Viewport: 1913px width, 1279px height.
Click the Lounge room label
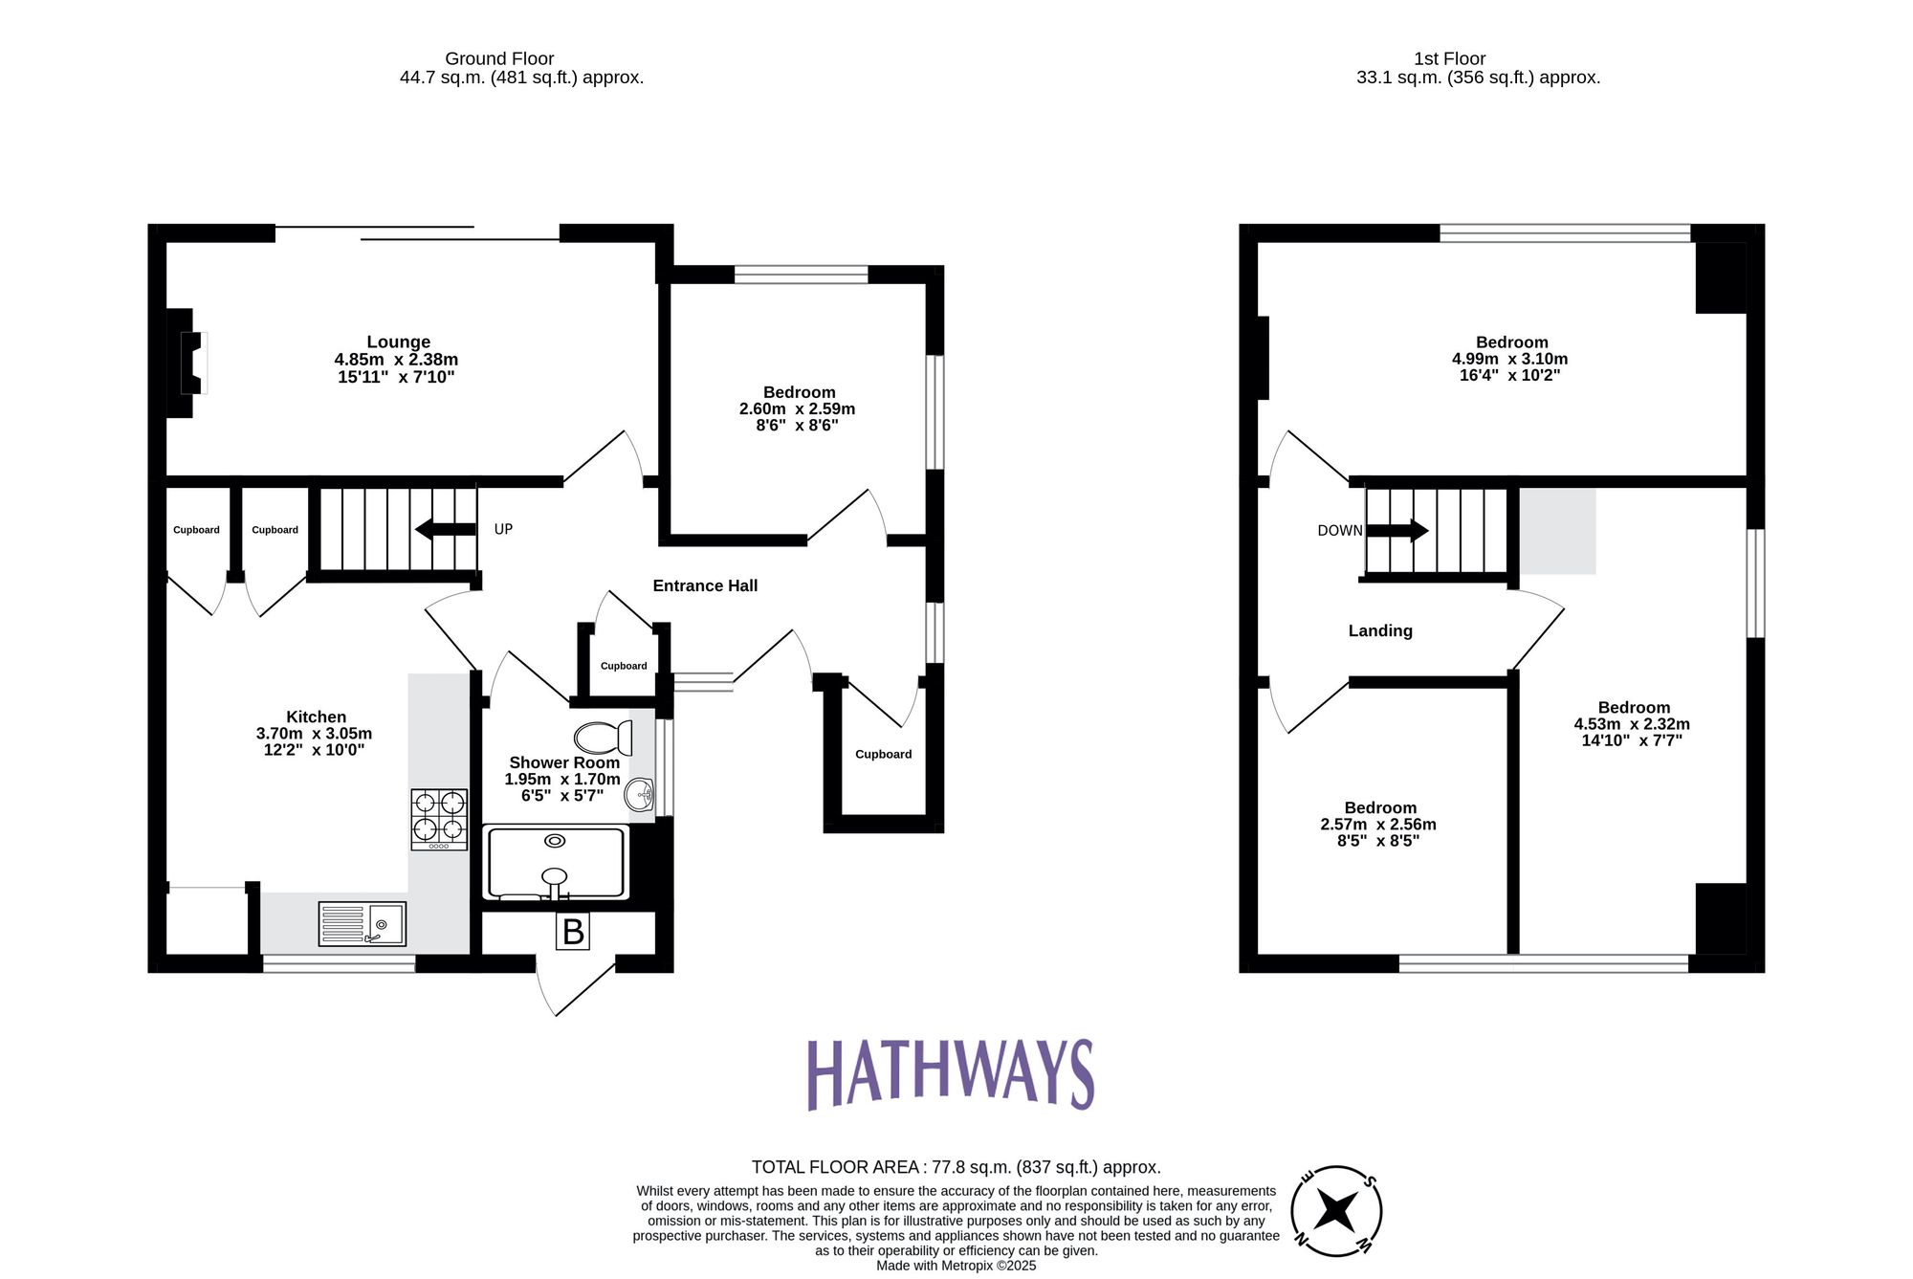coord(398,342)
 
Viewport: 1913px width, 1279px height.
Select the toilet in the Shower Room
coord(603,738)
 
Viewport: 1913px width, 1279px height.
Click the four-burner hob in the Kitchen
coord(439,819)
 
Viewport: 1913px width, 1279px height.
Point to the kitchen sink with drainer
coord(362,924)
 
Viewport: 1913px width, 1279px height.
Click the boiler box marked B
coord(573,932)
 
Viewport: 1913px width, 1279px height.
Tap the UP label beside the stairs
coord(503,529)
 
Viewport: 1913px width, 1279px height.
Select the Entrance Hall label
coord(705,585)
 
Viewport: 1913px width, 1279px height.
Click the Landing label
coord(1379,630)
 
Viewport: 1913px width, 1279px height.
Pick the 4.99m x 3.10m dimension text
coord(1509,359)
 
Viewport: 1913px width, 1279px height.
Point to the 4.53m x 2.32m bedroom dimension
coord(1632,724)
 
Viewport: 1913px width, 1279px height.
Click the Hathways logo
coord(951,1074)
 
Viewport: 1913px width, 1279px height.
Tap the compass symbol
coord(1336,1211)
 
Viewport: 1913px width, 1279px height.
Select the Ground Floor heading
coord(499,58)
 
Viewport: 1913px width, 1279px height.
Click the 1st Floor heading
coord(1449,58)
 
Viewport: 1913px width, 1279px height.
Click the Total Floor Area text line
coord(956,1167)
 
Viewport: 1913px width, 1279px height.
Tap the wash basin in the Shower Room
coord(639,794)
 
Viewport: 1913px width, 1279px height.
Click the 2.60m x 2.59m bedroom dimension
coord(797,408)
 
